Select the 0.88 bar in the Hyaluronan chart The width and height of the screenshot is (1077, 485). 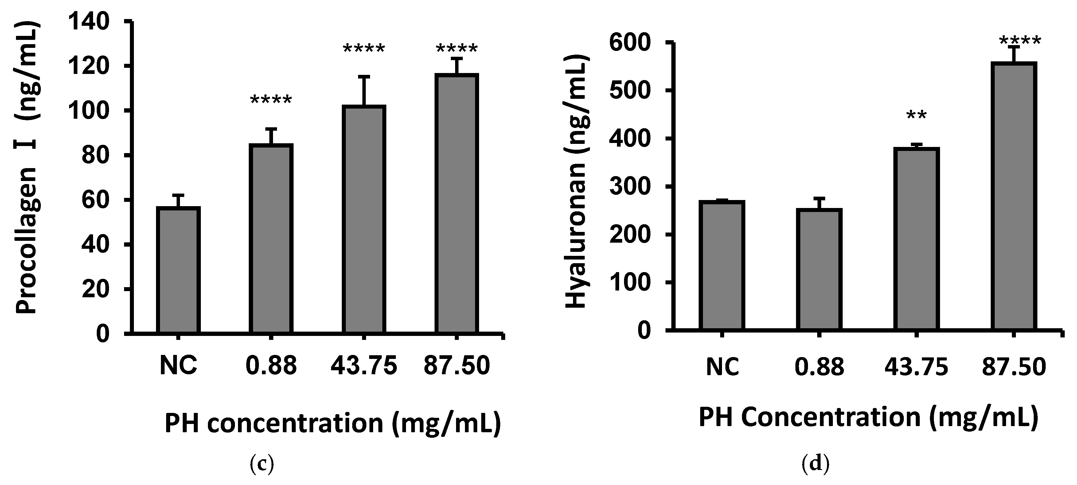coord(819,269)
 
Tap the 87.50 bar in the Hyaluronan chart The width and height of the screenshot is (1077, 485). coord(1013,196)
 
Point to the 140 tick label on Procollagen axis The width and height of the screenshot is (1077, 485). coord(89,22)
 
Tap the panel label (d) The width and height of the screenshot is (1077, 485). coord(815,464)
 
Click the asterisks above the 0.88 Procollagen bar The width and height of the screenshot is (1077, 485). coord(271,101)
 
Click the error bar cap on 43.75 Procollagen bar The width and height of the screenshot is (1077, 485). coord(364,76)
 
